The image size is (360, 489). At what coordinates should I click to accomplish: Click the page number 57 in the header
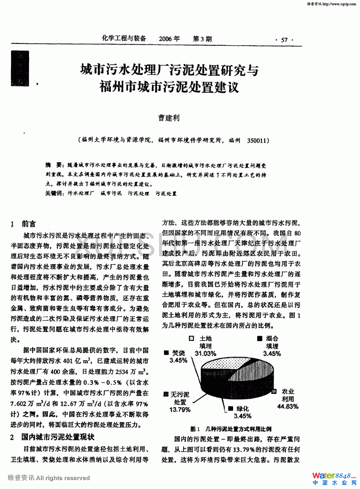pos(284,40)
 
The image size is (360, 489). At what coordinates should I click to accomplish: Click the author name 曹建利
pos(169,118)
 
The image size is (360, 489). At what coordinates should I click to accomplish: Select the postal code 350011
pos(256,140)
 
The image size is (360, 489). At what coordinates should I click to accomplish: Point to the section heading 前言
pos(29,224)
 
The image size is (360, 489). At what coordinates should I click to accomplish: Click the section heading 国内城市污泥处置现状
pos(58,437)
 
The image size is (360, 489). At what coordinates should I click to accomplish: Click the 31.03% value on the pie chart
pos(205,353)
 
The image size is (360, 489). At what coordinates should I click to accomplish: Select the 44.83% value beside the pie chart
pos(288,406)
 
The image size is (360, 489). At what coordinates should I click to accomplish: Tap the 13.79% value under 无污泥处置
pos(180,410)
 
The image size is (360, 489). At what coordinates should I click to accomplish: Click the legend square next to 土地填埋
pos(192,338)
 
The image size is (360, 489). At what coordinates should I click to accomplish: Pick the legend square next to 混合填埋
pos(260,338)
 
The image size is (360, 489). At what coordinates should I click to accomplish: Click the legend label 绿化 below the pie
pos(243,408)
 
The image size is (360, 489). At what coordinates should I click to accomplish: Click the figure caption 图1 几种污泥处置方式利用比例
pos(231,429)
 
